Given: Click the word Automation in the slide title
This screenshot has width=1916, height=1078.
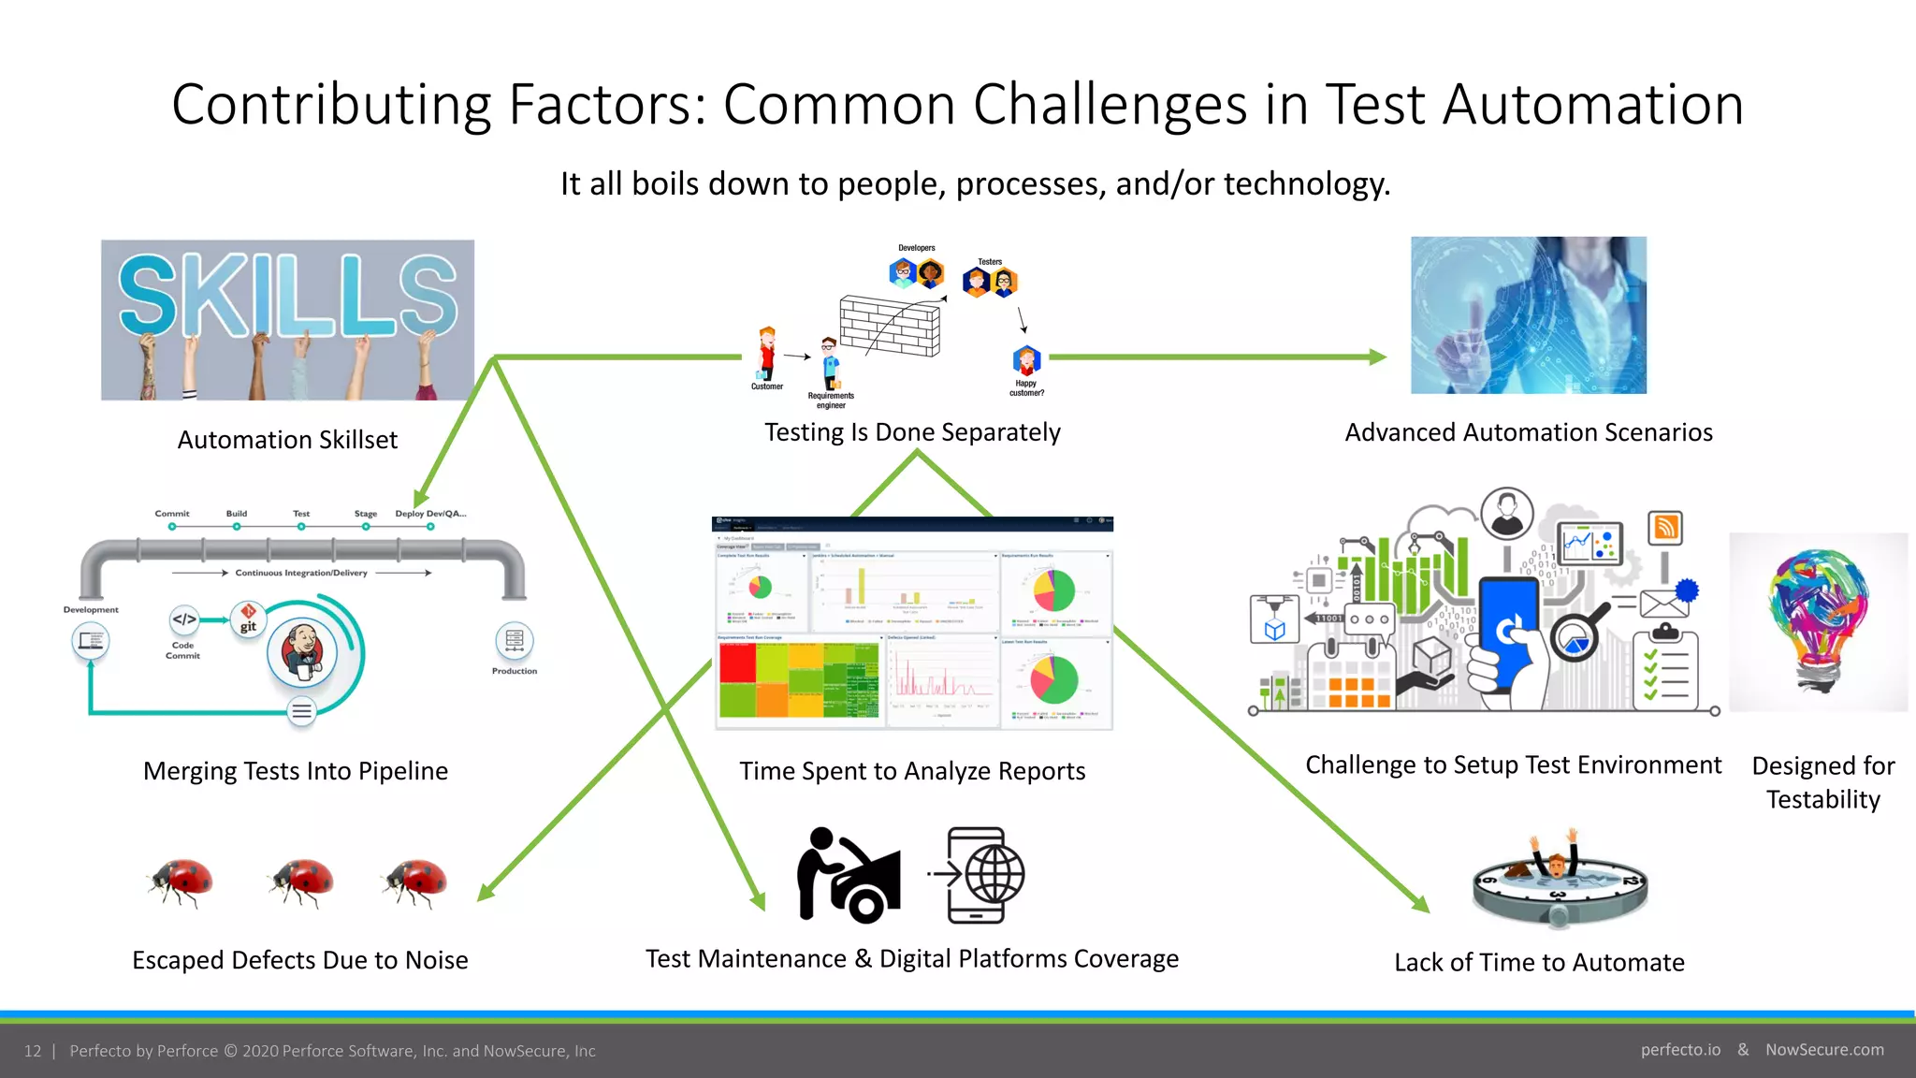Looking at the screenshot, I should coord(1592,104).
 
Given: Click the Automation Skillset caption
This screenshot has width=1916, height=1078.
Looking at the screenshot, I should coord(287,440).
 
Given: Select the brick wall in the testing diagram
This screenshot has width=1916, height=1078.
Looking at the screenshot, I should coord(889,326).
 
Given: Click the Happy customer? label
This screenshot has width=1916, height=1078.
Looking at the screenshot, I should coord(1026,388).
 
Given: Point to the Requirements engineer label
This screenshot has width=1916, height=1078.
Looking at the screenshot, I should coord(831,401).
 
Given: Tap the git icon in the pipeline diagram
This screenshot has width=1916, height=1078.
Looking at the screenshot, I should coord(248,619).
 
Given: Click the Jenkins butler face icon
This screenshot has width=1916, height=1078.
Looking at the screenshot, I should coord(302,653).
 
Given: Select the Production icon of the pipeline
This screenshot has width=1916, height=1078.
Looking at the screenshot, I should coord(514,641).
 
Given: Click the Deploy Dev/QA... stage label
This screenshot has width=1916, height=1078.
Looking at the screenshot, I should coord(430,514).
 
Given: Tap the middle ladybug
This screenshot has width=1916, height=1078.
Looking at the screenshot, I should coord(301,881).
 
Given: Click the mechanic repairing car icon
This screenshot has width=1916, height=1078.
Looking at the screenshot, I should coord(848,875).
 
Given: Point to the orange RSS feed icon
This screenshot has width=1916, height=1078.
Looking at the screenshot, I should coord(1665,528).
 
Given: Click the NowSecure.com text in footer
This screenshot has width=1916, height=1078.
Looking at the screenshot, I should coord(1824,1050).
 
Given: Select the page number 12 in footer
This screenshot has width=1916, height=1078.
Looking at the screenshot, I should coord(33,1051).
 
